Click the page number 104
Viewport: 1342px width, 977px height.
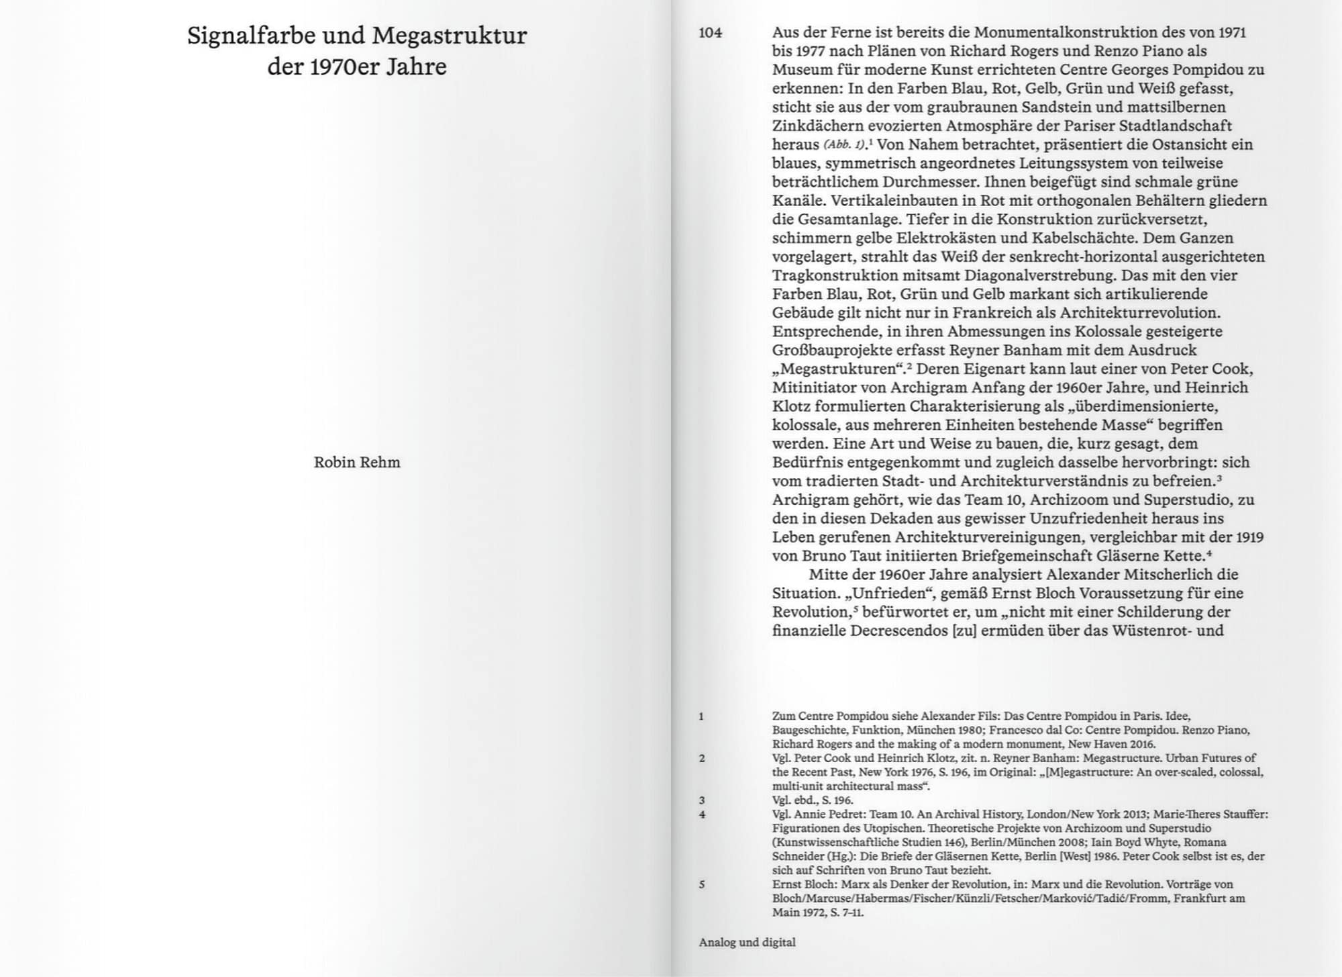(x=710, y=32)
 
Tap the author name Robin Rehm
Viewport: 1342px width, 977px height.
(x=357, y=462)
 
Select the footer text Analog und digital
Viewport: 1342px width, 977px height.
(x=747, y=942)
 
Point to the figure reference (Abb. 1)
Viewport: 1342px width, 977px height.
(x=844, y=144)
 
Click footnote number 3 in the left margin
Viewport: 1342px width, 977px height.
(x=702, y=800)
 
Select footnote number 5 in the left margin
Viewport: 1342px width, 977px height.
(x=702, y=884)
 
